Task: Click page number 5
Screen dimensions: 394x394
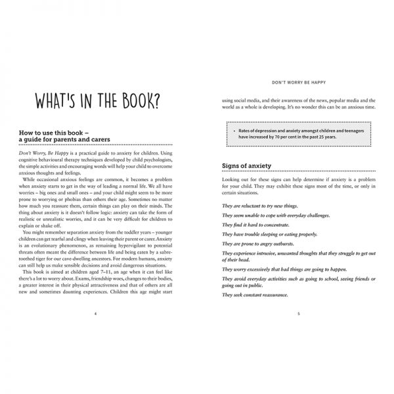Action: [299, 314]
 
